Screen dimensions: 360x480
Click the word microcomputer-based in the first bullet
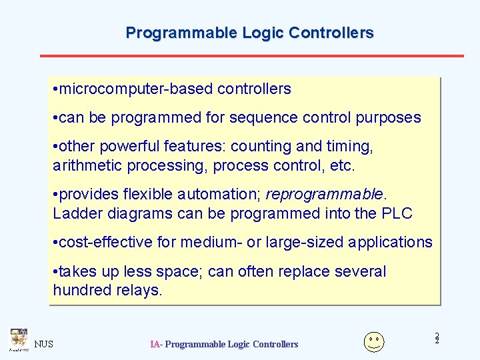coord(136,89)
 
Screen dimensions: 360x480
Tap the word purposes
coord(389,118)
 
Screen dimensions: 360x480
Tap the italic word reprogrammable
coord(324,195)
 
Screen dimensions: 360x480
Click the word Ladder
coord(75,213)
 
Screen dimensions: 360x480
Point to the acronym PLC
coord(397,213)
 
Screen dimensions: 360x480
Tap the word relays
coord(141,290)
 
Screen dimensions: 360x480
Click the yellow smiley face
coord(374,341)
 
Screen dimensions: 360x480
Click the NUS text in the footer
coord(44,344)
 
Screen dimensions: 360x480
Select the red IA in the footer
coord(155,344)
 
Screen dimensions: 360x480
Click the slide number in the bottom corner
coord(437,339)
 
